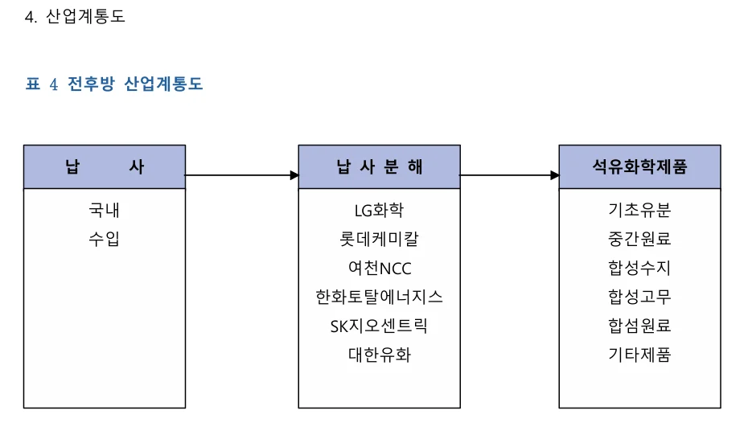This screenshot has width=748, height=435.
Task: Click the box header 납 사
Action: point(105,167)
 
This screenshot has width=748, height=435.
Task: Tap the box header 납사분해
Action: point(380,167)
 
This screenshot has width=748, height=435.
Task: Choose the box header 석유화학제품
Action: point(639,167)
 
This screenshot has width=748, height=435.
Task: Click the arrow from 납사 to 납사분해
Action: point(241,174)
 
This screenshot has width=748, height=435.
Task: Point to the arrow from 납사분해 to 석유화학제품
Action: point(509,174)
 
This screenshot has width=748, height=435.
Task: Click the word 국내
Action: point(105,211)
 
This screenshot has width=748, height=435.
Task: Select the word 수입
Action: point(105,239)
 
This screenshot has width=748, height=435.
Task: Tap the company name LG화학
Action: point(380,211)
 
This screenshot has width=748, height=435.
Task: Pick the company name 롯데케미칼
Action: point(380,239)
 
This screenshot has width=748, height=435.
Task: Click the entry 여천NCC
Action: point(380,268)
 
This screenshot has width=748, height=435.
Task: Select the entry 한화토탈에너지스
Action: point(380,297)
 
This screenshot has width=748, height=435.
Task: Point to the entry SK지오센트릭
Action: point(380,326)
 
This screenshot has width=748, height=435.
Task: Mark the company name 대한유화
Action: point(380,355)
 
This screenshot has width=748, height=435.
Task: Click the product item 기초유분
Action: point(639,211)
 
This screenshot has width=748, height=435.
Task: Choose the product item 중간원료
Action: point(639,239)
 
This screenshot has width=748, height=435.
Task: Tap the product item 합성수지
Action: point(639,268)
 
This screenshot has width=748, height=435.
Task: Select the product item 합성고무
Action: point(639,297)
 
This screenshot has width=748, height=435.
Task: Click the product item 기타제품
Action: point(639,355)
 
